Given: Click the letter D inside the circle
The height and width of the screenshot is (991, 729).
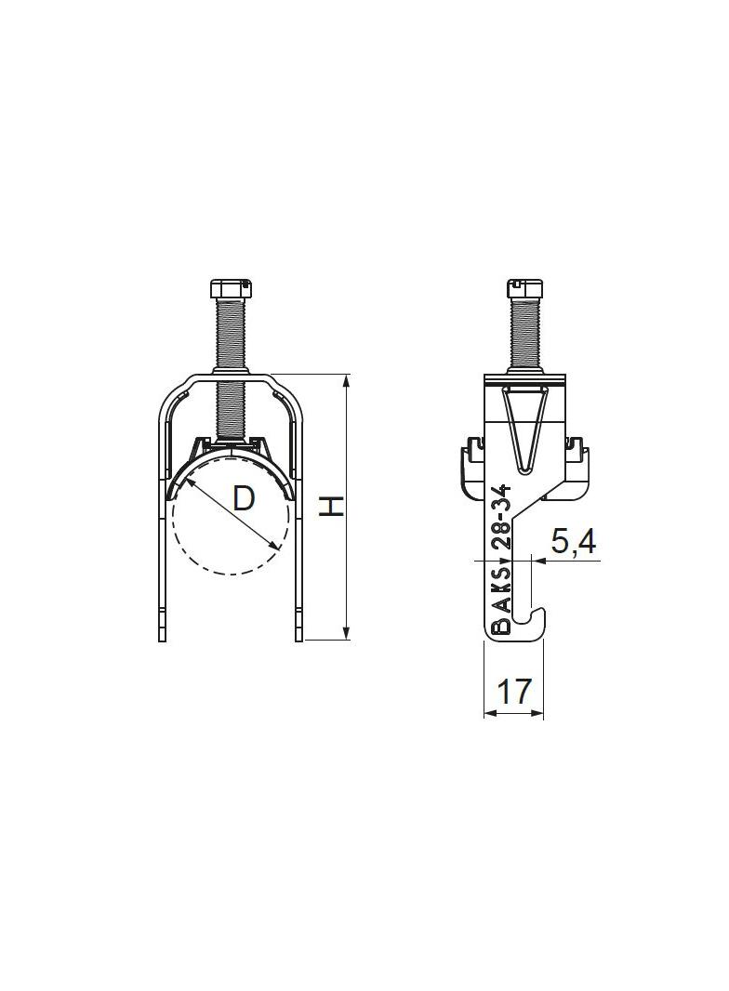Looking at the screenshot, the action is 244,498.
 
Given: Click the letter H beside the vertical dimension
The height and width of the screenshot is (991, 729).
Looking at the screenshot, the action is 331,506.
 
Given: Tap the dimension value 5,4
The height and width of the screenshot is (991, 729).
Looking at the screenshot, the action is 574,542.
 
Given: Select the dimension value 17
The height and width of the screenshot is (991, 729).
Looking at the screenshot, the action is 513,691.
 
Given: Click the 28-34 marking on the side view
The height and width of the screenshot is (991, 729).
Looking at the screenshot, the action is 501,518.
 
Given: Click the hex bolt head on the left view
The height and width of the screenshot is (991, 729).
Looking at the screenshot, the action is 231,289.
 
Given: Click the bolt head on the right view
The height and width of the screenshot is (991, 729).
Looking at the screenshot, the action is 524,288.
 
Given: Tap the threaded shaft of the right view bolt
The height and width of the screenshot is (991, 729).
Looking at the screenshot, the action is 524,333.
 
